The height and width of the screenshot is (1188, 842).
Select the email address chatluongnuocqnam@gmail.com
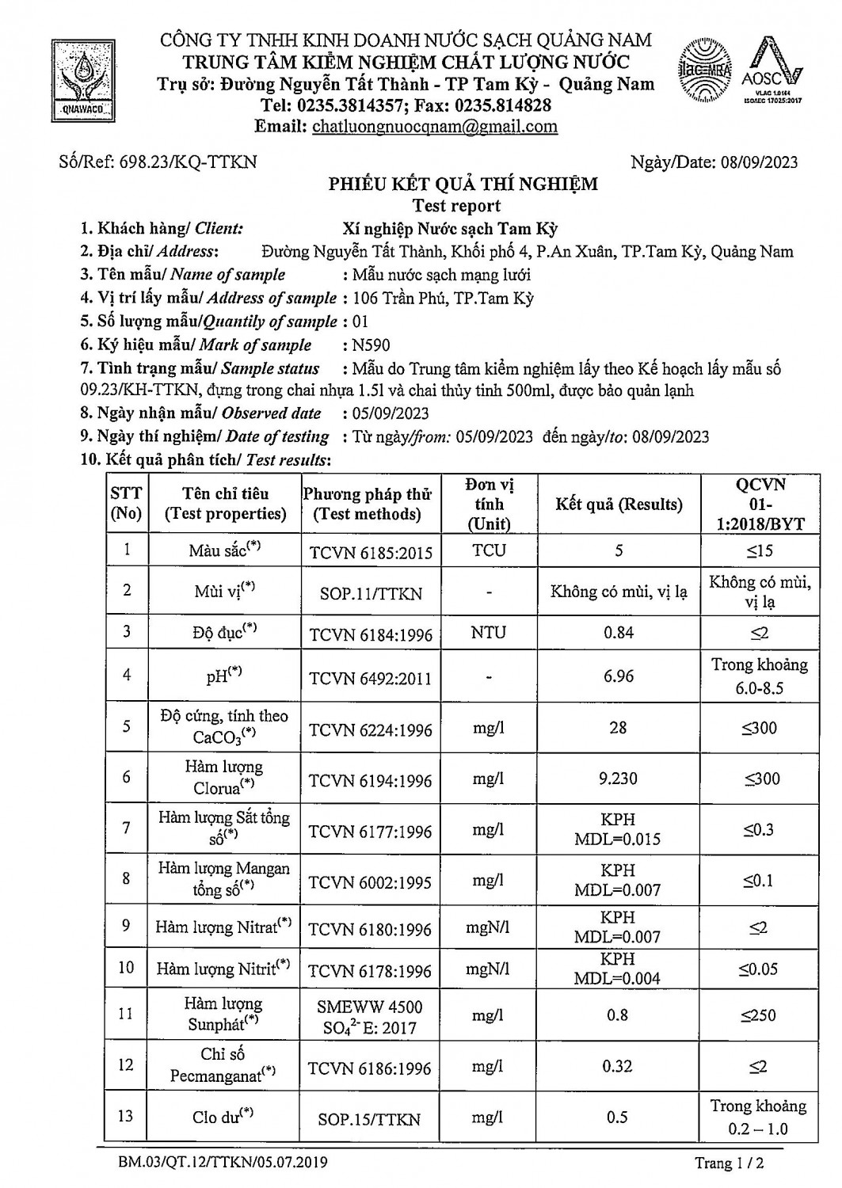click(x=435, y=127)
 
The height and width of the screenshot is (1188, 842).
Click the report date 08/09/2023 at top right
click(x=760, y=162)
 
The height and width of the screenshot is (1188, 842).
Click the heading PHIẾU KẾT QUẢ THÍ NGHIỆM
click(x=463, y=185)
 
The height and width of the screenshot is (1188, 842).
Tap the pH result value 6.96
click(x=618, y=676)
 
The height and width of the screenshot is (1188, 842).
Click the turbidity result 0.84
click(x=618, y=632)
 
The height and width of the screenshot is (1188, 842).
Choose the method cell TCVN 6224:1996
click(x=371, y=729)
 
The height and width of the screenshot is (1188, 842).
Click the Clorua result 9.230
click(x=618, y=779)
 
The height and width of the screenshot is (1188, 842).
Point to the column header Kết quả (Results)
click(x=619, y=505)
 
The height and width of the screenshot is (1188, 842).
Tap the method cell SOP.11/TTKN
click(x=370, y=593)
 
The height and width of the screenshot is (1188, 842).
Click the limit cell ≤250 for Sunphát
click(x=759, y=1015)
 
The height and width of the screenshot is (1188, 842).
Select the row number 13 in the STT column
click(x=126, y=1116)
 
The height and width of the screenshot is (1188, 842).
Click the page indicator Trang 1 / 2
click(x=729, y=1163)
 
